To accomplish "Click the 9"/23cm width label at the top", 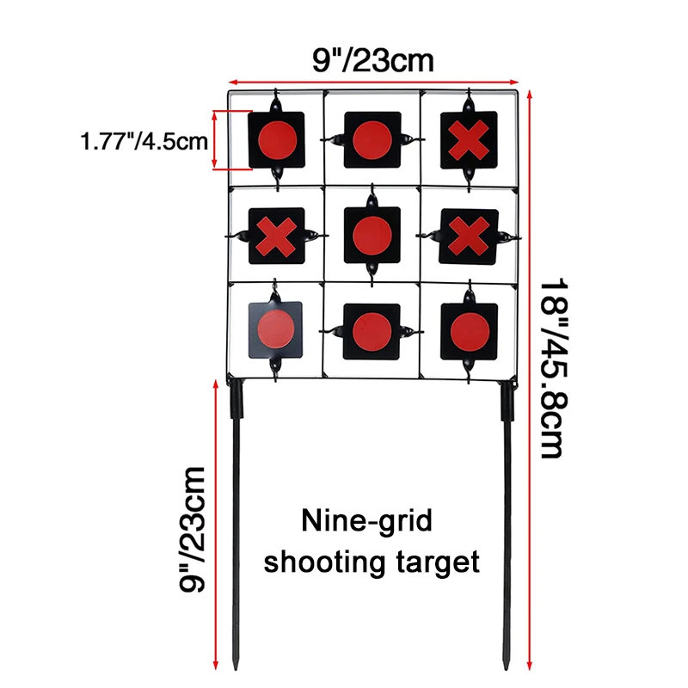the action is (373, 60).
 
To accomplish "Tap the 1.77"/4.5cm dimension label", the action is (144, 141).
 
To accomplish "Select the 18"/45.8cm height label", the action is (554, 368).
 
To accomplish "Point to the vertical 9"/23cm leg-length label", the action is (192, 530).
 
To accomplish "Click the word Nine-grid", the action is (367, 521).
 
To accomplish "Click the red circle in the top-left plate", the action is (277, 140).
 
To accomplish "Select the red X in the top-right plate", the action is (469, 140).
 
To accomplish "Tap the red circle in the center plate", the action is (372, 236).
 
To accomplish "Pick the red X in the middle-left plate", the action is (276, 236).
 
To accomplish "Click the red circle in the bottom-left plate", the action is (276, 329).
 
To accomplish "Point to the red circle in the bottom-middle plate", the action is (372, 332).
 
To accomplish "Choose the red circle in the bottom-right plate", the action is (470, 333).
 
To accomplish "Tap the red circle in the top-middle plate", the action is (372, 140).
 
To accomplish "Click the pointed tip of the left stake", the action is (236, 669).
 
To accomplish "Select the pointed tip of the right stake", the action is (506, 669).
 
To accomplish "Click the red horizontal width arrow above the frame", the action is (374, 82).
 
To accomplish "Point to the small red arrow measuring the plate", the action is (214, 140).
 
